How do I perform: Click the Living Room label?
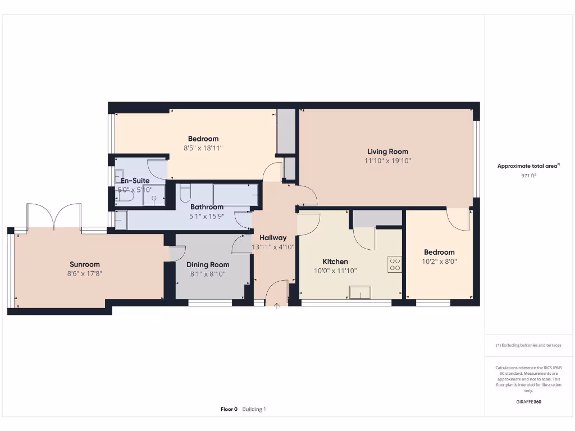387,152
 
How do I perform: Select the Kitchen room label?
335,262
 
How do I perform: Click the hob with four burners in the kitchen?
394,264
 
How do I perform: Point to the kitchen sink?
359,292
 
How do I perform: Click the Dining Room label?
208,265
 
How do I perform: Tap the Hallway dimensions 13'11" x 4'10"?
273,247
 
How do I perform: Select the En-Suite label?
135,181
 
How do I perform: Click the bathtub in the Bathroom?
236,195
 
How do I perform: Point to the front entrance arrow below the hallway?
276,306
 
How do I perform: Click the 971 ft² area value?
528,176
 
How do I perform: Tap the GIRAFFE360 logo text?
528,402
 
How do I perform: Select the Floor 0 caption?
229,409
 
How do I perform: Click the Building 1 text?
254,409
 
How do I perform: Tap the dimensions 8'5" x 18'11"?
203,148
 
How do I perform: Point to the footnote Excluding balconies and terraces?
528,346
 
